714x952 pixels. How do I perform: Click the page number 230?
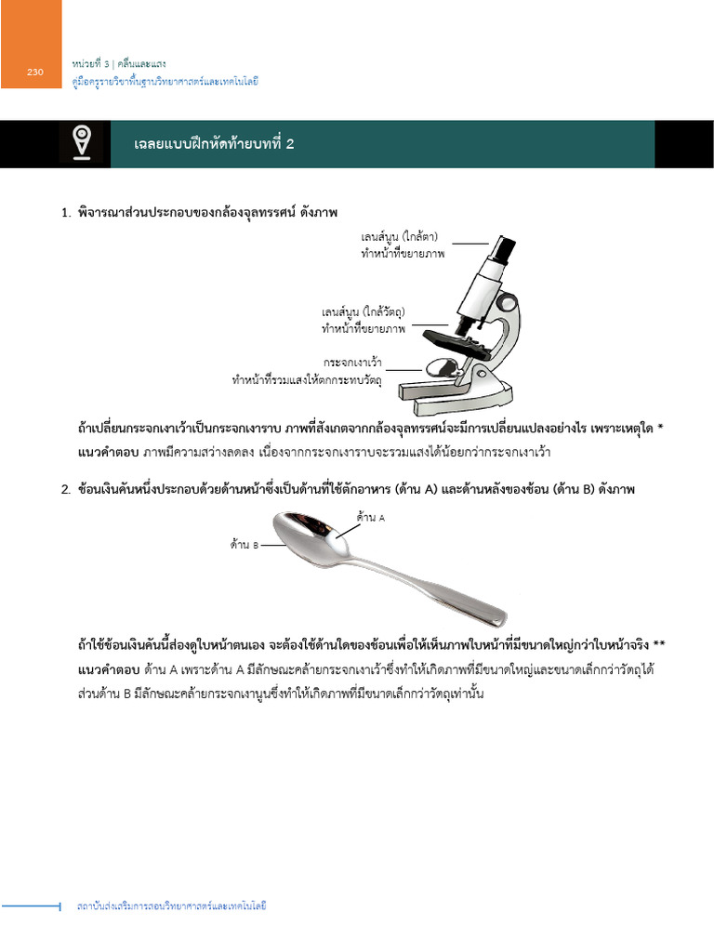[x=35, y=73]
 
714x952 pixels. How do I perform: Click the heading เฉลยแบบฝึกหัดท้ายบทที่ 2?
[x=215, y=143]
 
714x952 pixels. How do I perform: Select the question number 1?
[x=66, y=213]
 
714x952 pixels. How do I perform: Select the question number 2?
[x=66, y=489]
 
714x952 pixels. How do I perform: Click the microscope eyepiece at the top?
[x=503, y=248]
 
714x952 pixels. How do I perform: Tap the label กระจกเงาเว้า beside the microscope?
[x=353, y=362]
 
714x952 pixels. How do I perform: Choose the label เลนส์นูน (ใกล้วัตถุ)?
[x=364, y=311]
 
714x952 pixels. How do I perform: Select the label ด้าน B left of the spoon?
[x=245, y=545]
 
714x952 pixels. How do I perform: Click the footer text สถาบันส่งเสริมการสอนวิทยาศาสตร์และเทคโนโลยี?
[x=171, y=906]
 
